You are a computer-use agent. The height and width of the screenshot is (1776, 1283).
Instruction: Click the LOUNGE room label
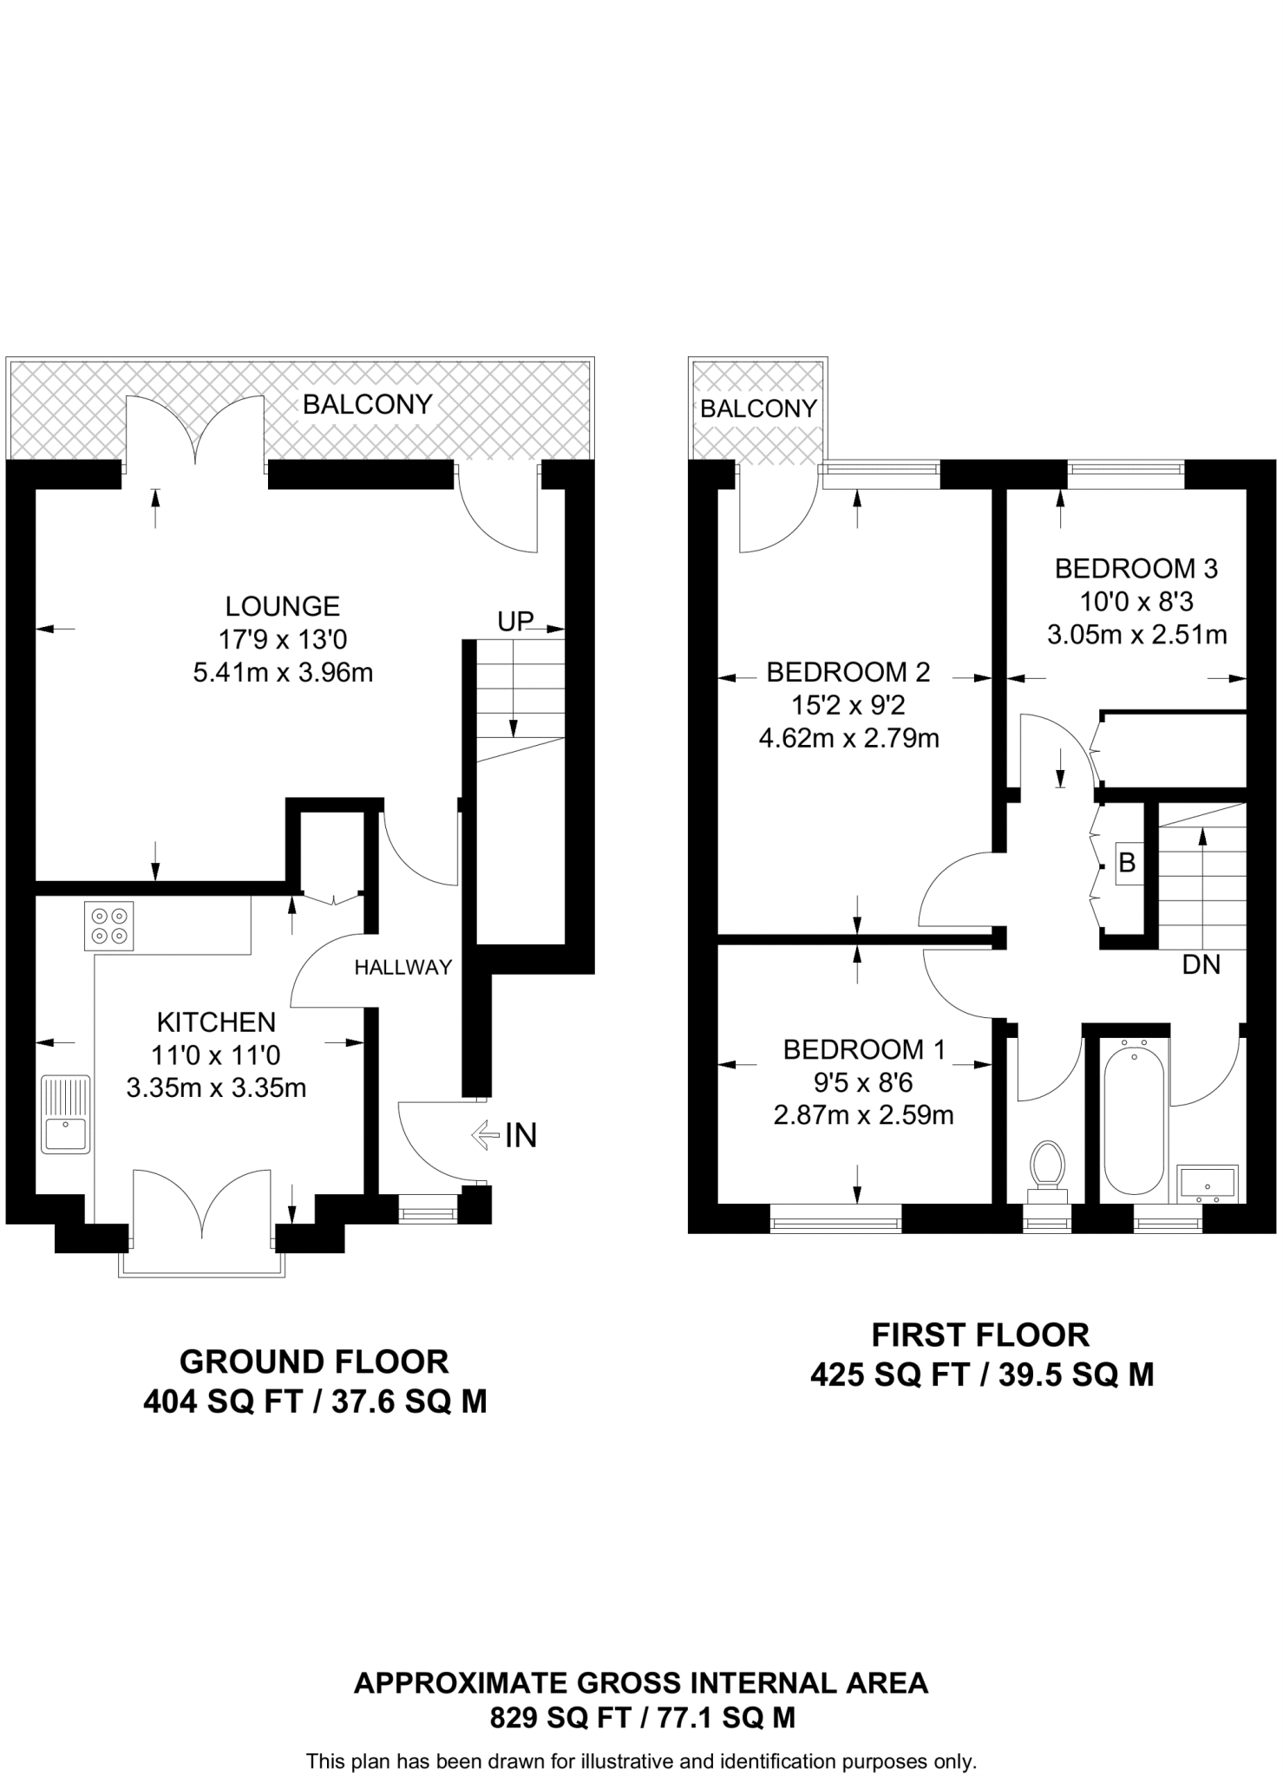coord(282,605)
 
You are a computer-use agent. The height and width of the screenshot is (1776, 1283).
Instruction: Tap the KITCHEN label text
coord(216,1022)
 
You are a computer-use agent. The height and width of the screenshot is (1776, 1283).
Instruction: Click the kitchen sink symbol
coord(66,1114)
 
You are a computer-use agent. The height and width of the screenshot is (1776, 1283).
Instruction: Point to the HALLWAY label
coord(403,967)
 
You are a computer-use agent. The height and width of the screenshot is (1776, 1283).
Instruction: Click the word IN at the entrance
coord(520,1135)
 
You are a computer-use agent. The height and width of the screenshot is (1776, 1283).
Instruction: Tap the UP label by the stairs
coord(515,621)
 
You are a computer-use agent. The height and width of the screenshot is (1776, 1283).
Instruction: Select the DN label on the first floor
coord(1201,964)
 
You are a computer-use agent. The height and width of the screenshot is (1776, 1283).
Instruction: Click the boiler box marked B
coord(1127,863)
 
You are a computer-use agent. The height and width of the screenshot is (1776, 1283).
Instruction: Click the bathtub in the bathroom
coord(1132,1120)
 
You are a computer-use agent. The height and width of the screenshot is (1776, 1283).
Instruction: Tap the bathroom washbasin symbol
coord(1208,1183)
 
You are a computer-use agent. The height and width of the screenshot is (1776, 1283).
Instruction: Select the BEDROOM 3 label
coord(1136,569)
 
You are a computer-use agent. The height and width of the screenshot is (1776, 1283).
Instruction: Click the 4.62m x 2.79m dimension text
coord(848,738)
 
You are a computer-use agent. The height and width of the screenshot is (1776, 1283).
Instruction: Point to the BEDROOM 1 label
coord(864,1049)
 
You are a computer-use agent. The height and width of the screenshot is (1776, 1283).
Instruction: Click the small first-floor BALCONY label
coord(758,408)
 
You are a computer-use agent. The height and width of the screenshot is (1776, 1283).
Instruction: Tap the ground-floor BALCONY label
coord(367,404)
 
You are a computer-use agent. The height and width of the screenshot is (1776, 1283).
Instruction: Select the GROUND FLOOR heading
coord(314,1361)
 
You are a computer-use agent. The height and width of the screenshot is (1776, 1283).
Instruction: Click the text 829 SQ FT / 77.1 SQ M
coord(642,1717)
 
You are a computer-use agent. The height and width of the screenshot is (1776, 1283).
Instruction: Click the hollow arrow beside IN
coord(484,1135)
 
